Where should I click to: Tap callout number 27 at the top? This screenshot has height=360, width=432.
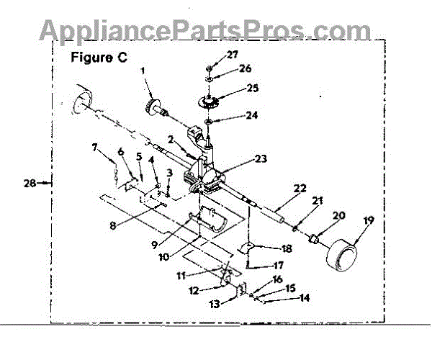232,55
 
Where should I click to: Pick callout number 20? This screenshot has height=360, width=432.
338,215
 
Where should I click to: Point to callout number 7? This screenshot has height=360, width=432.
94,148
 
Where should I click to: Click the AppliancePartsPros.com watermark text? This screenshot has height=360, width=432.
204,29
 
